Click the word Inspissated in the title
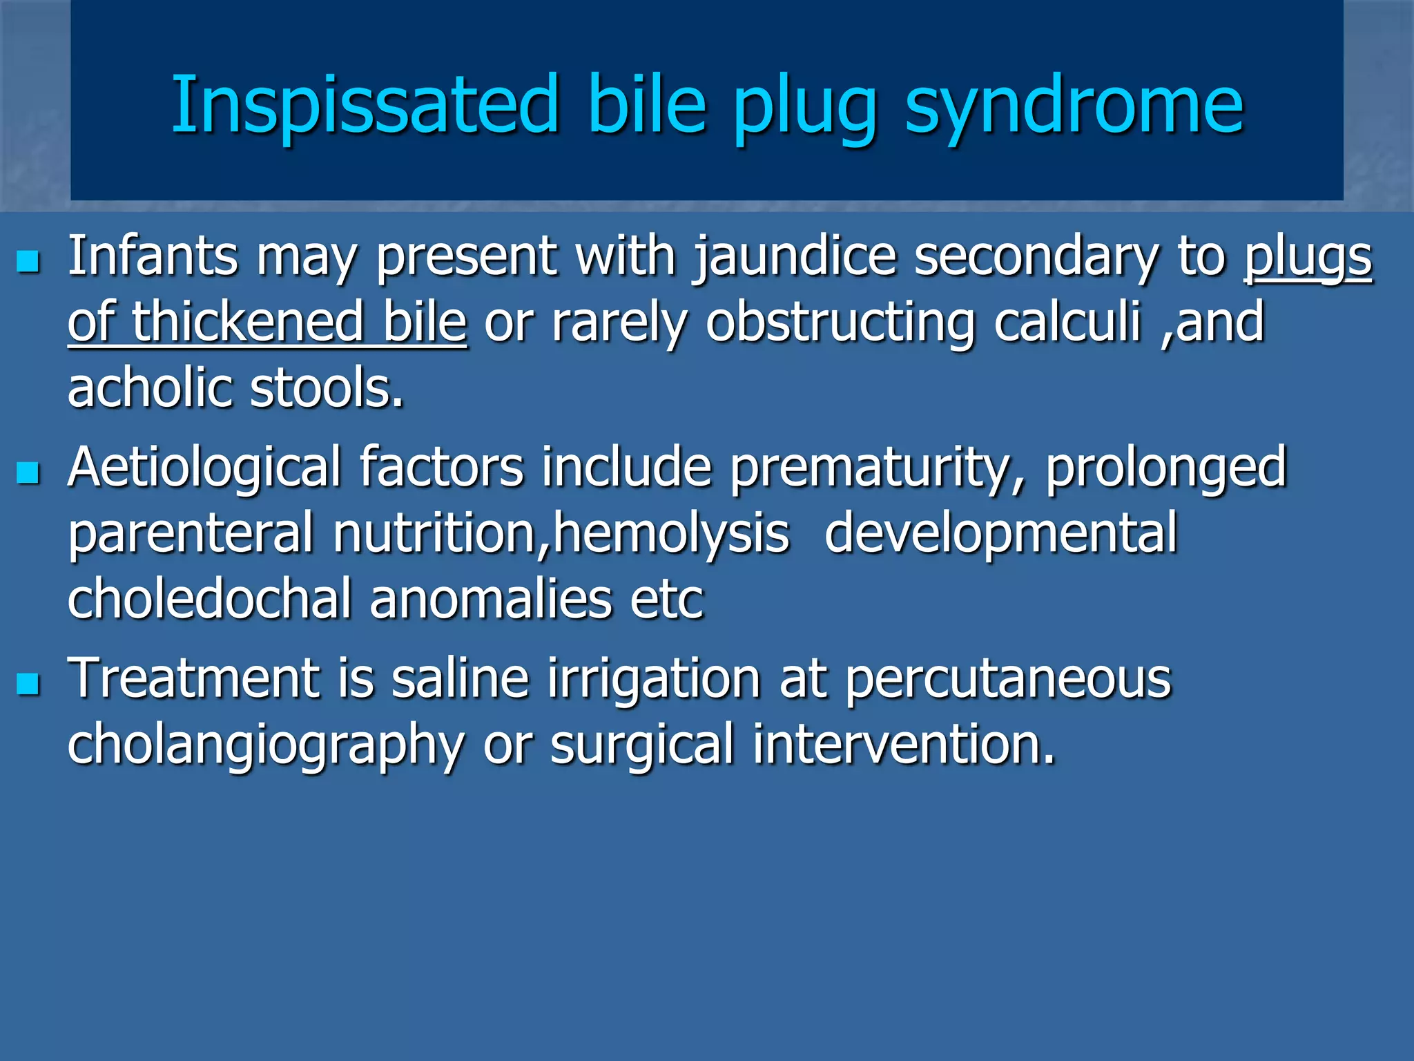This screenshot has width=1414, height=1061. tap(364, 105)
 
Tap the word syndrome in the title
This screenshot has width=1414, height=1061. tap(1074, 105)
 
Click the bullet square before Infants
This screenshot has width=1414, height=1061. tap(28, 262)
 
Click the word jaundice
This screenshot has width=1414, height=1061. tap(795, 257)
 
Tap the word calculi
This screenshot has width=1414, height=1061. tap(1067, 322)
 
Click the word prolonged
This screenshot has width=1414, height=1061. tap(1166, 468)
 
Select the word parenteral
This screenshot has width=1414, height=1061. tap(191, 533)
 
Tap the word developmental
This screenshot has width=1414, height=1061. tap(1000, 533)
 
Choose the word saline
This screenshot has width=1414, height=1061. tap(461, 679)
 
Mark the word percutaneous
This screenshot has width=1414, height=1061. tap(1008, 679)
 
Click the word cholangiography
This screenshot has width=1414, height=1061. tap(266, 745)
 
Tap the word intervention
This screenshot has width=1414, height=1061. tap(904, 745)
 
